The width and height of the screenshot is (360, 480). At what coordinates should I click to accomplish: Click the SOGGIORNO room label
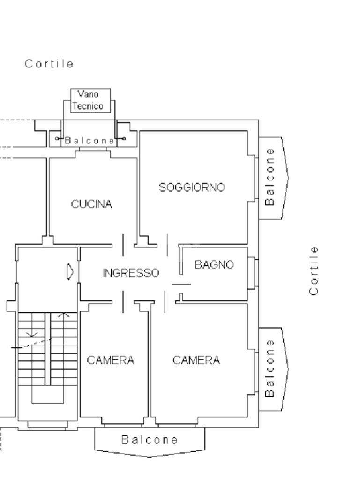coord(192,187)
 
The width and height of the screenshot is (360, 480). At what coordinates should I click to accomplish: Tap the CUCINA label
coord(91,204)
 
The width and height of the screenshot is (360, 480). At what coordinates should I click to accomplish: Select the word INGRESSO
coord(131,273)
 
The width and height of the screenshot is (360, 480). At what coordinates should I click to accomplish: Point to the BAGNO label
coord(214,265)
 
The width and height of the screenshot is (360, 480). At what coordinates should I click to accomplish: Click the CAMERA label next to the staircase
coord(111,360)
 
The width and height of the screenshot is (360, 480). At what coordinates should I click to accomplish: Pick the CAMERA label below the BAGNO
coord(196,360)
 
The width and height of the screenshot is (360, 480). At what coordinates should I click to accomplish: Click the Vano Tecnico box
coord(87,100)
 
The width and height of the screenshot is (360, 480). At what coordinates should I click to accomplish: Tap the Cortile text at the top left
coord(49,64)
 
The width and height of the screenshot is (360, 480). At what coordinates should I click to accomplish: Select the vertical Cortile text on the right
coord(314,270)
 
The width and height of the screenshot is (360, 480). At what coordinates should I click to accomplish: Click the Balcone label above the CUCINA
coord(89,140)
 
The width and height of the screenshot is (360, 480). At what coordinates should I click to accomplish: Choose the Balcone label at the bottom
coord(150,440)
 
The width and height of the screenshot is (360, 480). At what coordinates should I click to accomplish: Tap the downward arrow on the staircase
coord(32,334)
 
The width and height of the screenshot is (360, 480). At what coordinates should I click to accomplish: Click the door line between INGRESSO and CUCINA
coord(123,245)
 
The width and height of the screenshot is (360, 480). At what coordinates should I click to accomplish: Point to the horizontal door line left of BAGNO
coord(181,284)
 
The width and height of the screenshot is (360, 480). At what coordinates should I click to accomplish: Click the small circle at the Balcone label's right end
coord(124,139)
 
